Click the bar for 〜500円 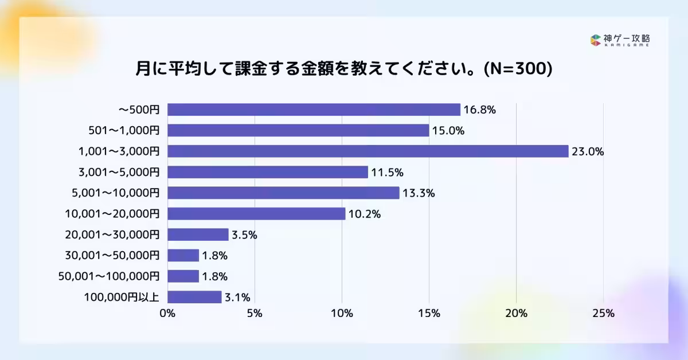point(314,109)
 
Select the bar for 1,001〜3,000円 point(368,151)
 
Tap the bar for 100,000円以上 point(194,297)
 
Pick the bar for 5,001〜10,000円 point(283,193)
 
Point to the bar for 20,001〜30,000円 point(198,234)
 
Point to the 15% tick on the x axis point(429,314)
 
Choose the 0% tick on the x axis point(167,314)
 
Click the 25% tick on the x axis point(603,314)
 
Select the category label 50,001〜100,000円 point(109,276)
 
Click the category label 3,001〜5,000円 point(118,172)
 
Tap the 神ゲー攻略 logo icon point(595,40)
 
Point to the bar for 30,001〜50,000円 point(183,256)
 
